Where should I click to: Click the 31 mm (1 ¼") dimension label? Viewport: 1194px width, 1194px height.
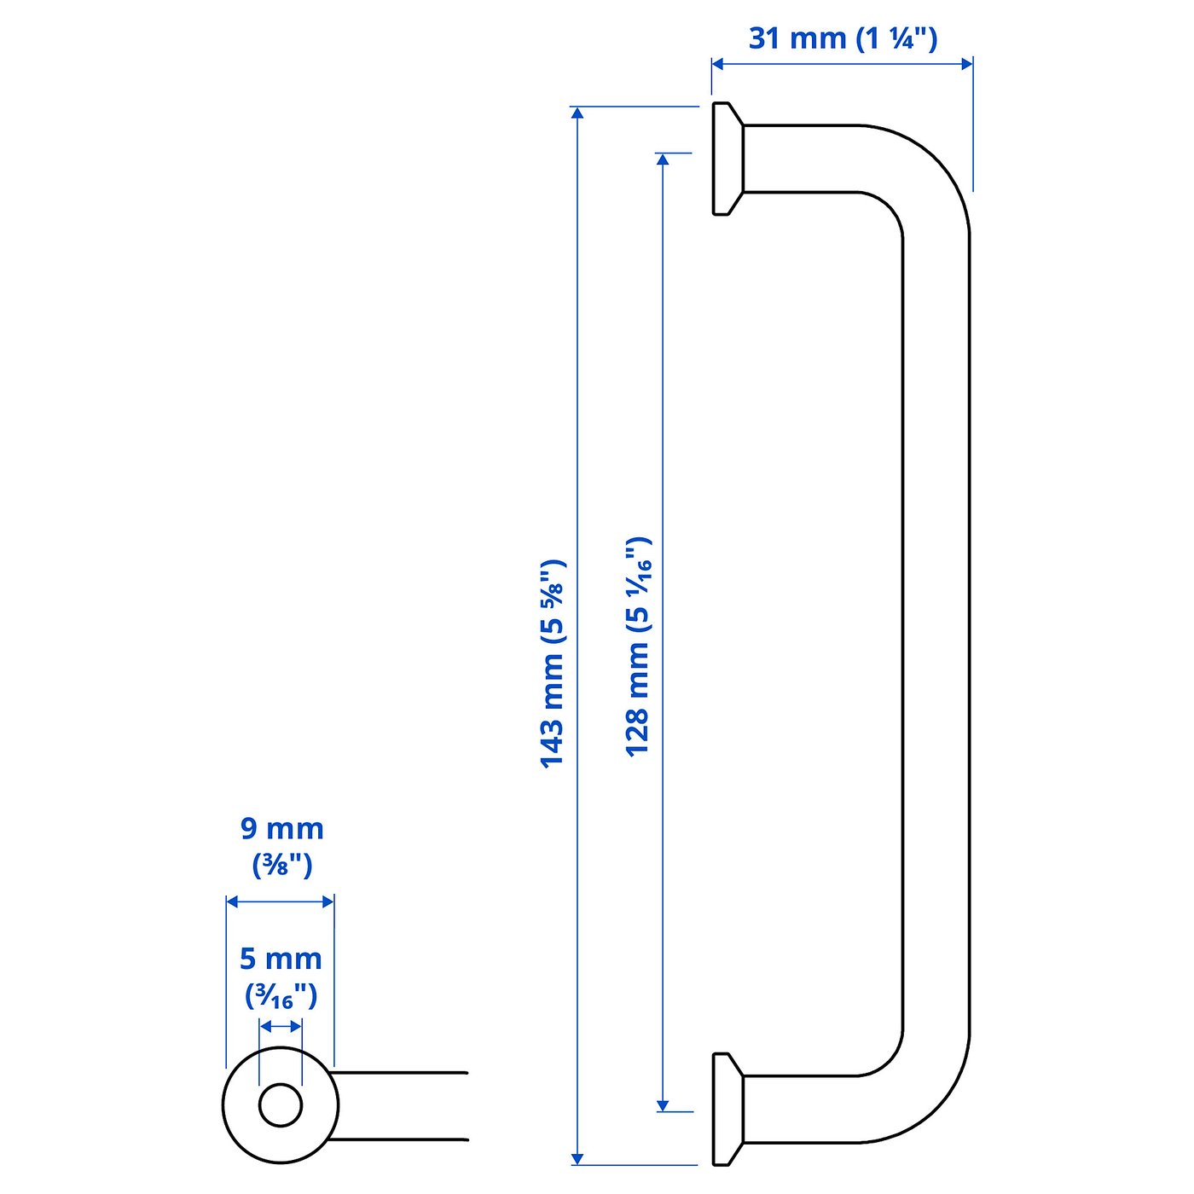(843, 38)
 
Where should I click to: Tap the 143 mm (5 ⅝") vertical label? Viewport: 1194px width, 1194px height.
(553, 664)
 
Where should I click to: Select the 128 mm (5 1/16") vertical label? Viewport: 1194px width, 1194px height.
(638, 646)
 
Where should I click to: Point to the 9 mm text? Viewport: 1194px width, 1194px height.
(281, 829)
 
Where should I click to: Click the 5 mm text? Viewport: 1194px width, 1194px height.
(281, 959)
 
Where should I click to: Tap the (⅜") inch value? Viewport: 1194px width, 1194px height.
(282, 866)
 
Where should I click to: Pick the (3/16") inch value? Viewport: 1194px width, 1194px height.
(281, 996)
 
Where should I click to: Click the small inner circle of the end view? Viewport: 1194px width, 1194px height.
(281, 1105)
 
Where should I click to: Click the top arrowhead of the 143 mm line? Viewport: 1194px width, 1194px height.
(577, 113)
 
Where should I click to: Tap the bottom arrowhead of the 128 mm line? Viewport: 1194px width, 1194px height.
(663, 1105)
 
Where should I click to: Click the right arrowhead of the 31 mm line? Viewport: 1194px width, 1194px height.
(966, 63)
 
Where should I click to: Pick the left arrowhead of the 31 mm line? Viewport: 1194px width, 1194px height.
(718, 63)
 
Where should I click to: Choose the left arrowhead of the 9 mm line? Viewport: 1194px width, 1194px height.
(232, 901)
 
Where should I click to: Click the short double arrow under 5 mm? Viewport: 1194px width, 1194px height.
(281, 1026)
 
